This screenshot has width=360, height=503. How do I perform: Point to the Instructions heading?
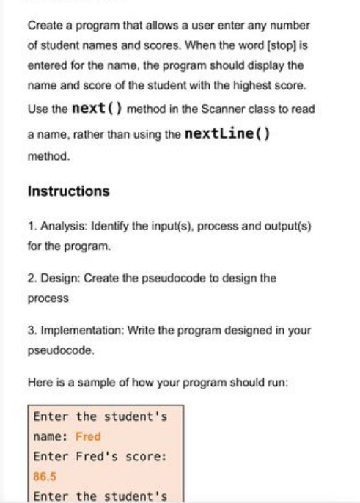tap(68, 191)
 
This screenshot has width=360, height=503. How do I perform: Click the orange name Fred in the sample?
tap(88, 436)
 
